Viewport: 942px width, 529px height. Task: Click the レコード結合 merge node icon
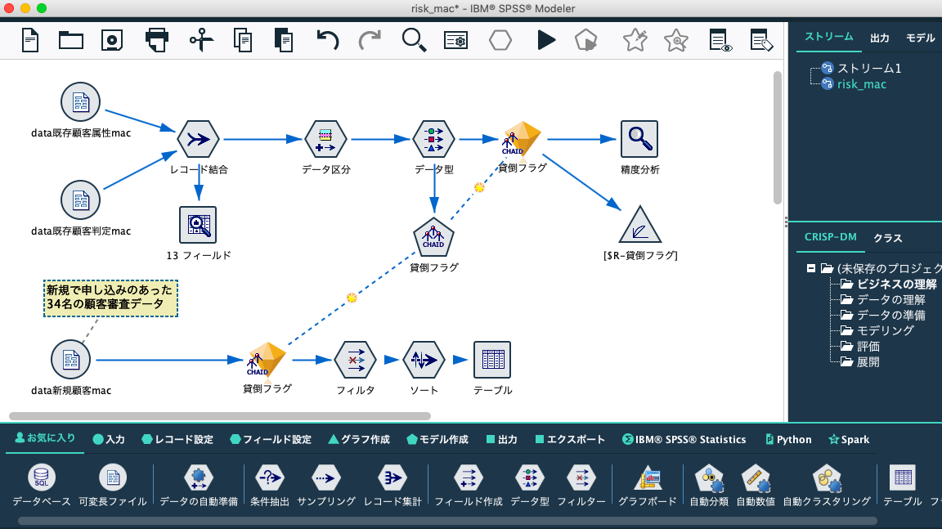[x=198, y=140]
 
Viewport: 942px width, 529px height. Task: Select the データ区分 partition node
[x=325, y=140]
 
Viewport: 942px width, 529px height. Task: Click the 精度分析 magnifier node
[x=639, y=139]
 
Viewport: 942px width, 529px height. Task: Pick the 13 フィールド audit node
[x=198, y=225]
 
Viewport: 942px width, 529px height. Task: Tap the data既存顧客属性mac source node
[x=80, y=102]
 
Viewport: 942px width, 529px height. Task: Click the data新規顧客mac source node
[x=71, y=360]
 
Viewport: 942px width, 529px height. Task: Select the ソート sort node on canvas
[x=424, y=360]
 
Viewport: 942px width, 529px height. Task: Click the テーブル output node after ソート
[x=492, y=360]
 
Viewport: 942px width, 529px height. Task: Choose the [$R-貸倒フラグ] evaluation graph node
[x=639, y=225]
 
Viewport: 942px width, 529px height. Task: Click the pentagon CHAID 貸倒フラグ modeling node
[x=433, y=237]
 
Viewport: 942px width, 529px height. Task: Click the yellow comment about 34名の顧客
[x=110, y=298]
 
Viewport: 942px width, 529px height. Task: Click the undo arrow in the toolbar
[x=327, y=39]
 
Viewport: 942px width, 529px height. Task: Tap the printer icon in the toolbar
[x=156, y=39]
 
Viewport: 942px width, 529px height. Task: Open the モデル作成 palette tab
[x=437, y=440]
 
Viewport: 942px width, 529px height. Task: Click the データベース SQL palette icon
[x=42, y=478]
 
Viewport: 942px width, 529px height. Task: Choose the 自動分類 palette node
[x=709, y=478]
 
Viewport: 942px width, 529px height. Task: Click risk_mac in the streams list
[x=861, y=84]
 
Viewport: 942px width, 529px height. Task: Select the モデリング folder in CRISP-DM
[x=885, y=330]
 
